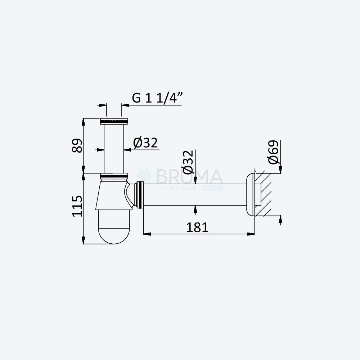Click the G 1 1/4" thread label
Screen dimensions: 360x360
(x=157, y=98)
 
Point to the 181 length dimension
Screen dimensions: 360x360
(x=197, y=228)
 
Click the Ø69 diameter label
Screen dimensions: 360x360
(x=273, y=152)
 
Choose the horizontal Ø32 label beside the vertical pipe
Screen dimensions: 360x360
(x=145, y=143)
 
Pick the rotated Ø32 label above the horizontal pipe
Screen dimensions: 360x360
(x=188, y=162)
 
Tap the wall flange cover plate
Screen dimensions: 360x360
(x=251, y=194)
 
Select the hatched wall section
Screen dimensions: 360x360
(x=264, y=195)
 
